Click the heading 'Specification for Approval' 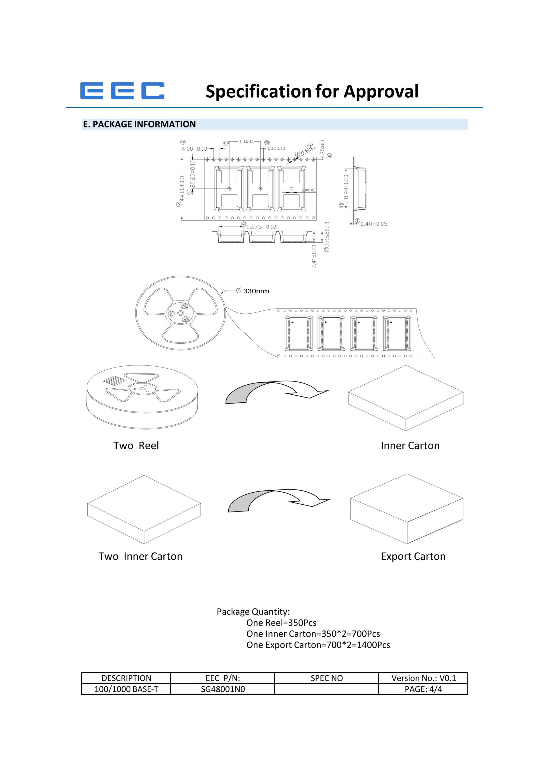[312, 91]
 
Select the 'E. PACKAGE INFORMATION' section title [139, 124]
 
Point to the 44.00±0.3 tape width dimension [182, 188]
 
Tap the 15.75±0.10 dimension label [261, 227]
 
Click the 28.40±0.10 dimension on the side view [346, 188]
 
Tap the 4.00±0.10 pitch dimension [194, 149]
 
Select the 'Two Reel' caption [136, 446]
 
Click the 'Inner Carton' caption [410, 446]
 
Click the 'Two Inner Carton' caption [140, 556]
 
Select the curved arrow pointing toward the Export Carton [279, 500]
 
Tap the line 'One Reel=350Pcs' [281, 623]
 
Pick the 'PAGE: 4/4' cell [423, 689]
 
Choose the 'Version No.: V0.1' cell [423, 678]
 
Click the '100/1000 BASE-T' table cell [126, 689]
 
